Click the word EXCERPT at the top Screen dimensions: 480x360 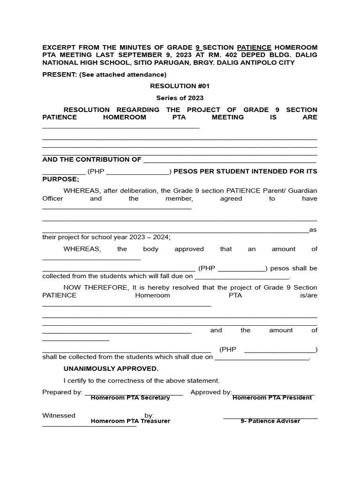[x=58, y=48]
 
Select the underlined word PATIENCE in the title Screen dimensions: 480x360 [x=254, y=48]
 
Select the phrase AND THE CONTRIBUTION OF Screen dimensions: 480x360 [x=91, y=159]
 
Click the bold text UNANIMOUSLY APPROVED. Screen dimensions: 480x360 [x=111, y=369]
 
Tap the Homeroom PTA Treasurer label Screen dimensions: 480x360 [x=130, y=421]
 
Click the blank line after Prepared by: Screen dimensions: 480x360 [x=134, y=393]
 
